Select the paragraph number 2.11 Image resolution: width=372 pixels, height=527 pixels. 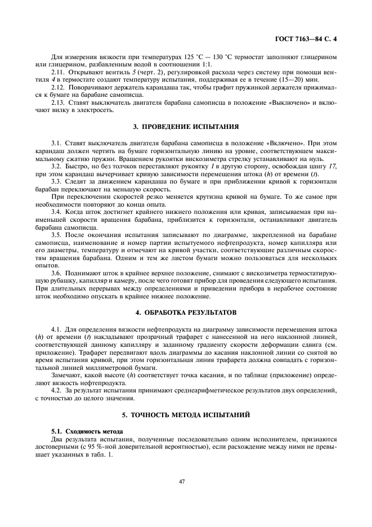coord(57,73)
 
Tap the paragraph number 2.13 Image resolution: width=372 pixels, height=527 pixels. coord(57,102)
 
